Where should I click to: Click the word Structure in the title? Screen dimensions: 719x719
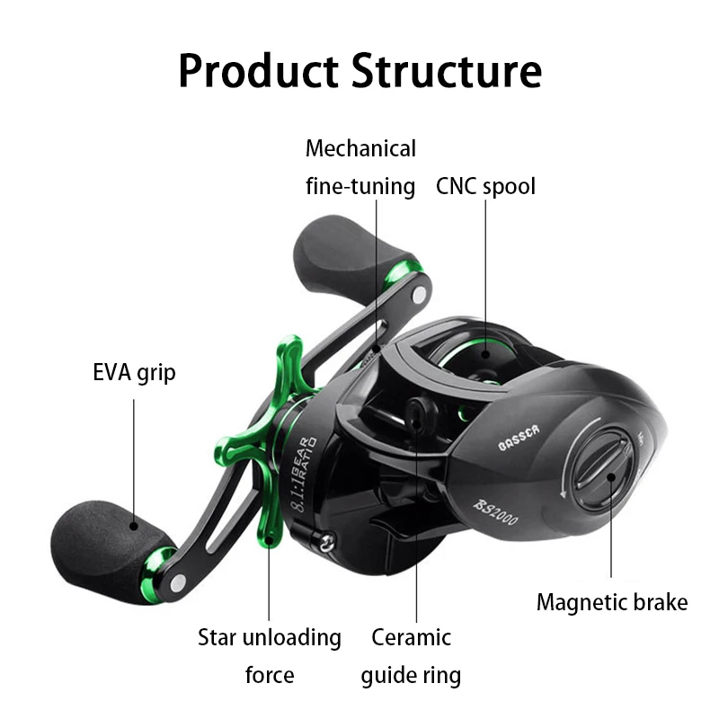click(x=446, y=70)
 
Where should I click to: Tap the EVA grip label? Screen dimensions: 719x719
click(x=134, y=372)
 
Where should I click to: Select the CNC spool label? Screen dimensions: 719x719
click(x=485, y=186)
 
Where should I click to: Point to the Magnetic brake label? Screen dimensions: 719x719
click(x=612, y=602)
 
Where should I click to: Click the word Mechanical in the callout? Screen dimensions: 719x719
click(x=361, y=148)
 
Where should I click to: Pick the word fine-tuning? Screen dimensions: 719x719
click(x=361, y=186)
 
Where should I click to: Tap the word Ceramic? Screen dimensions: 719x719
click(x=411, y=638)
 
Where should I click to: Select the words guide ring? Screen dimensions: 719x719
click(x=411, y=675)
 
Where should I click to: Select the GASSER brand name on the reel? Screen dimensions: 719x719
click(x=519, y=434)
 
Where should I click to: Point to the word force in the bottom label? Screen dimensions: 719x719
click(x=270, y=675)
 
